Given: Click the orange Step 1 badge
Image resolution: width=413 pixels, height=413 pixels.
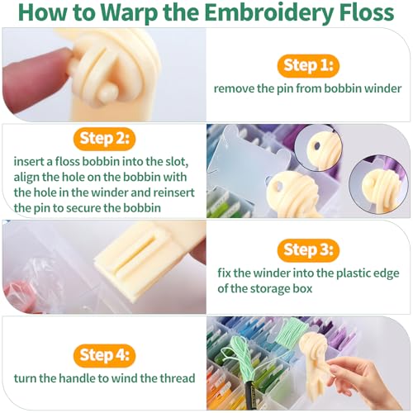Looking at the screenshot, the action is click(x=308, y=66).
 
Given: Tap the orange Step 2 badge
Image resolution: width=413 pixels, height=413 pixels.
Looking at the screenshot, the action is click(x=104, y=139).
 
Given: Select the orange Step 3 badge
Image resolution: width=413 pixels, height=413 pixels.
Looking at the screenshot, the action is click(x=308, y=250).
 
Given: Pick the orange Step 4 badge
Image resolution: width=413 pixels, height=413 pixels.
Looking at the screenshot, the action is click(x=104, y=355).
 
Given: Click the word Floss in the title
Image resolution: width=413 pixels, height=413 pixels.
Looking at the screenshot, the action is click(x=366, y=12).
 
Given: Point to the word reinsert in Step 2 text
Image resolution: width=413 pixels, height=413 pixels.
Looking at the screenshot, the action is click(x=173, y=192).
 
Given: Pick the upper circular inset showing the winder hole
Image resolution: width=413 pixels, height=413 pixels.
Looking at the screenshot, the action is click(x=319, y=147).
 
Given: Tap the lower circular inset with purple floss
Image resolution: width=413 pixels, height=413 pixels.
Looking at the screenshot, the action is click(x=378, y=183).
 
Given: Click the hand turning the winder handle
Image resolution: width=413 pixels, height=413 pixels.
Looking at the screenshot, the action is click(x=366, y=382).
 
